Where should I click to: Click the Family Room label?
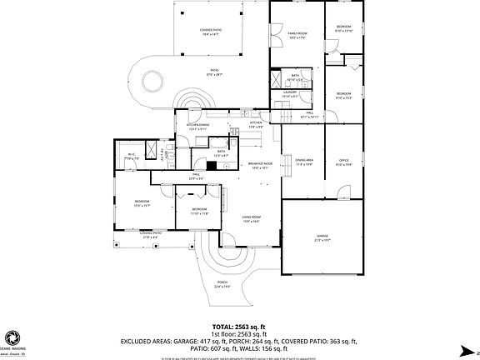coord(297,35)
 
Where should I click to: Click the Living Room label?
coord(251,219)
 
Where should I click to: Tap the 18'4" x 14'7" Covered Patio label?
coord(210,32)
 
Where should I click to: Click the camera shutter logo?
coord(12,337)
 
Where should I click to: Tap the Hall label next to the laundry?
coord(308,115)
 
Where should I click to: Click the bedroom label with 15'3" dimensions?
coord(142,203)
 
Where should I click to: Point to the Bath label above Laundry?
coord(295,77)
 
